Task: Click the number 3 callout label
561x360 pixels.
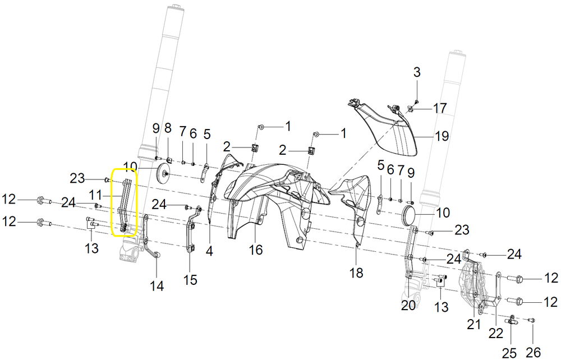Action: (x=417, y=72)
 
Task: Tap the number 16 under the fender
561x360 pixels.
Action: (x=256, y=250)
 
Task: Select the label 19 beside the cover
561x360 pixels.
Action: (x=442, y=136)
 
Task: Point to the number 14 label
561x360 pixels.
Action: (x=157, y=285)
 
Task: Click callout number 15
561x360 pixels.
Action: (x=190, y=279)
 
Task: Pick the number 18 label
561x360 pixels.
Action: (x=356, y=273)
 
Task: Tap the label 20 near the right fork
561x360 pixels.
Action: (x=408, y=305)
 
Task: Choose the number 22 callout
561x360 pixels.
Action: (x=496, y=333)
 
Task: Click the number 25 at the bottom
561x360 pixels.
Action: (x=510, y=353)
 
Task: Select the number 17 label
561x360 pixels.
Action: (x=440, y=108)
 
